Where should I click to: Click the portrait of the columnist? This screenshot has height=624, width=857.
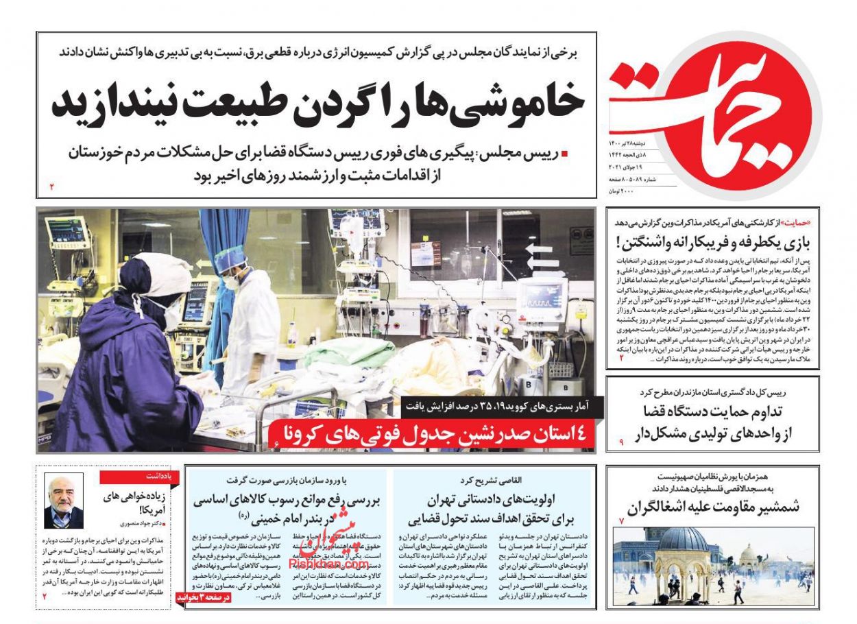pos(64,501)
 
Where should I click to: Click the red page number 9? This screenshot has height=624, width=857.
pos(621,443)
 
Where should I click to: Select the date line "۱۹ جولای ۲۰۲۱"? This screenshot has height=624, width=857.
pos(625,167)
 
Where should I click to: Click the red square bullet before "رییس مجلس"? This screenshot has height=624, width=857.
pos(564,155)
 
